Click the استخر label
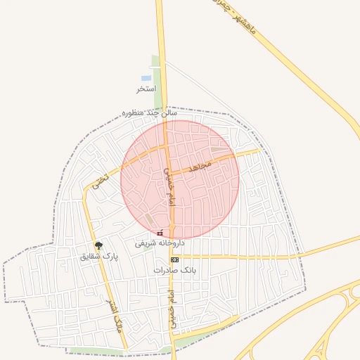(x=146, y=89)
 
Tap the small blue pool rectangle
(x=146, y=78)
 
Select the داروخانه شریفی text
(x=160, y=243)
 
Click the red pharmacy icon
(x=160, y=233)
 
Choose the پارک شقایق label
(x=99, y=257)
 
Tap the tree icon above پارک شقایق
(x=98, y=245)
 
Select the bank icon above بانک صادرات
(x=174, y=259)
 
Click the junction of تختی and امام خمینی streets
(x=165, y=146)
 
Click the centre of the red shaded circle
(x=180, y=180)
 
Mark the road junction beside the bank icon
(x=169, y=257)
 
